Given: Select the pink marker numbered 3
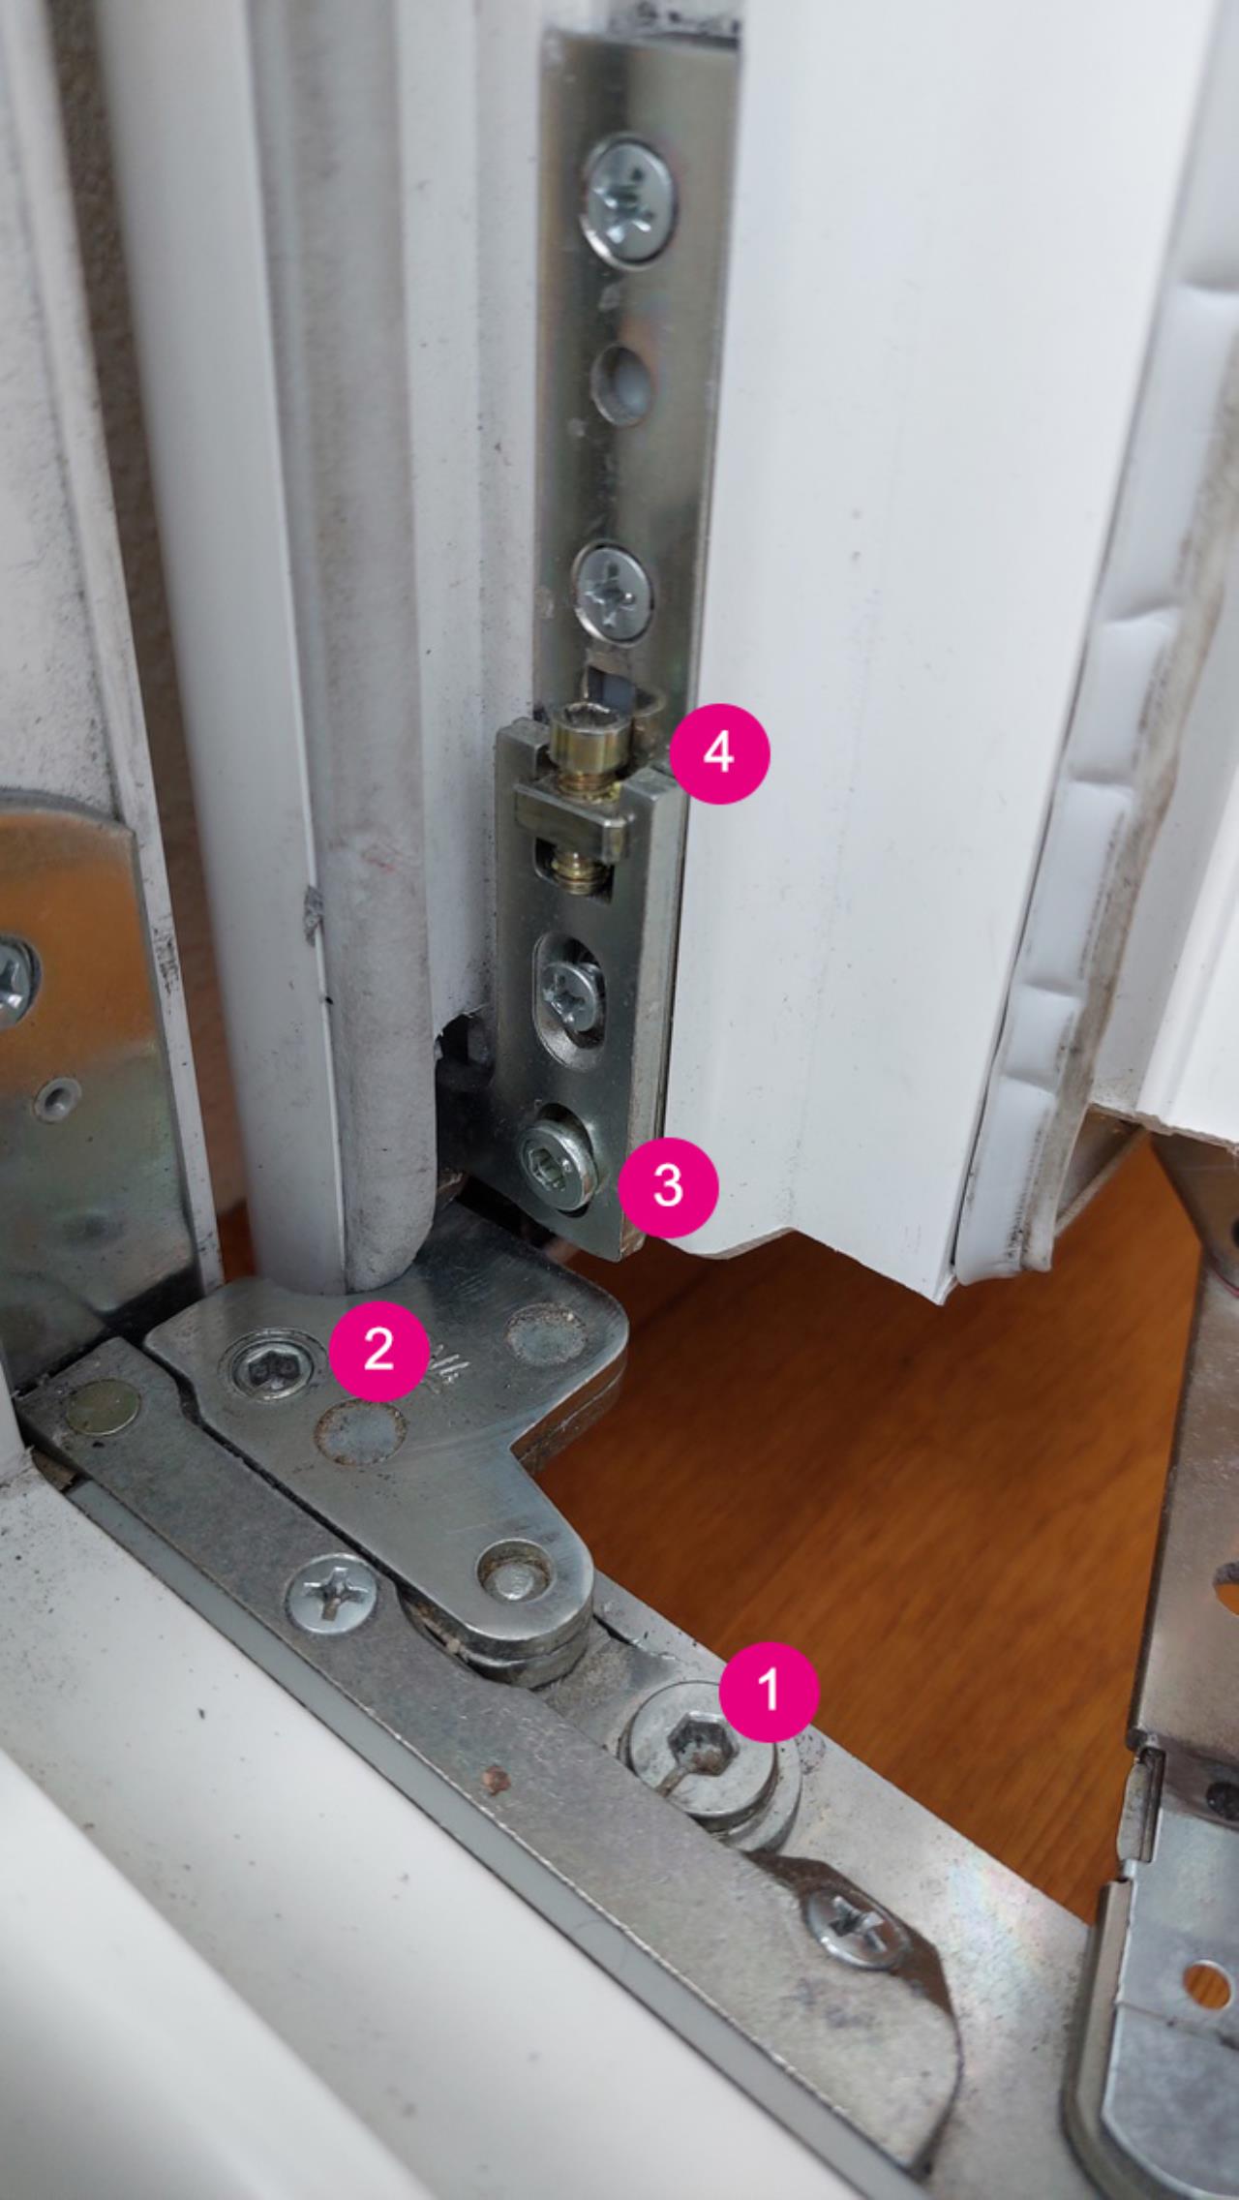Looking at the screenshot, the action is pos(668,1185).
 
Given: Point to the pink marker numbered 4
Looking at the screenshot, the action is pos(718,752).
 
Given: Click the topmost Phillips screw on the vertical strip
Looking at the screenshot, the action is pos(631,199).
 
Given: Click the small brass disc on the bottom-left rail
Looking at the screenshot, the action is pos(102,1407).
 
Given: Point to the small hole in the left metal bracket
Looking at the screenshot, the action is pos(56,1096).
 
